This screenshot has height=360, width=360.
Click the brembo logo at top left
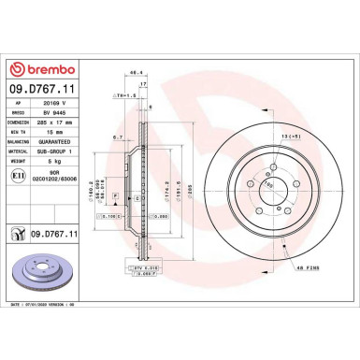point(36,69)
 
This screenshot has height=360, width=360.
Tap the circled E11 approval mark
point(17,174)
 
